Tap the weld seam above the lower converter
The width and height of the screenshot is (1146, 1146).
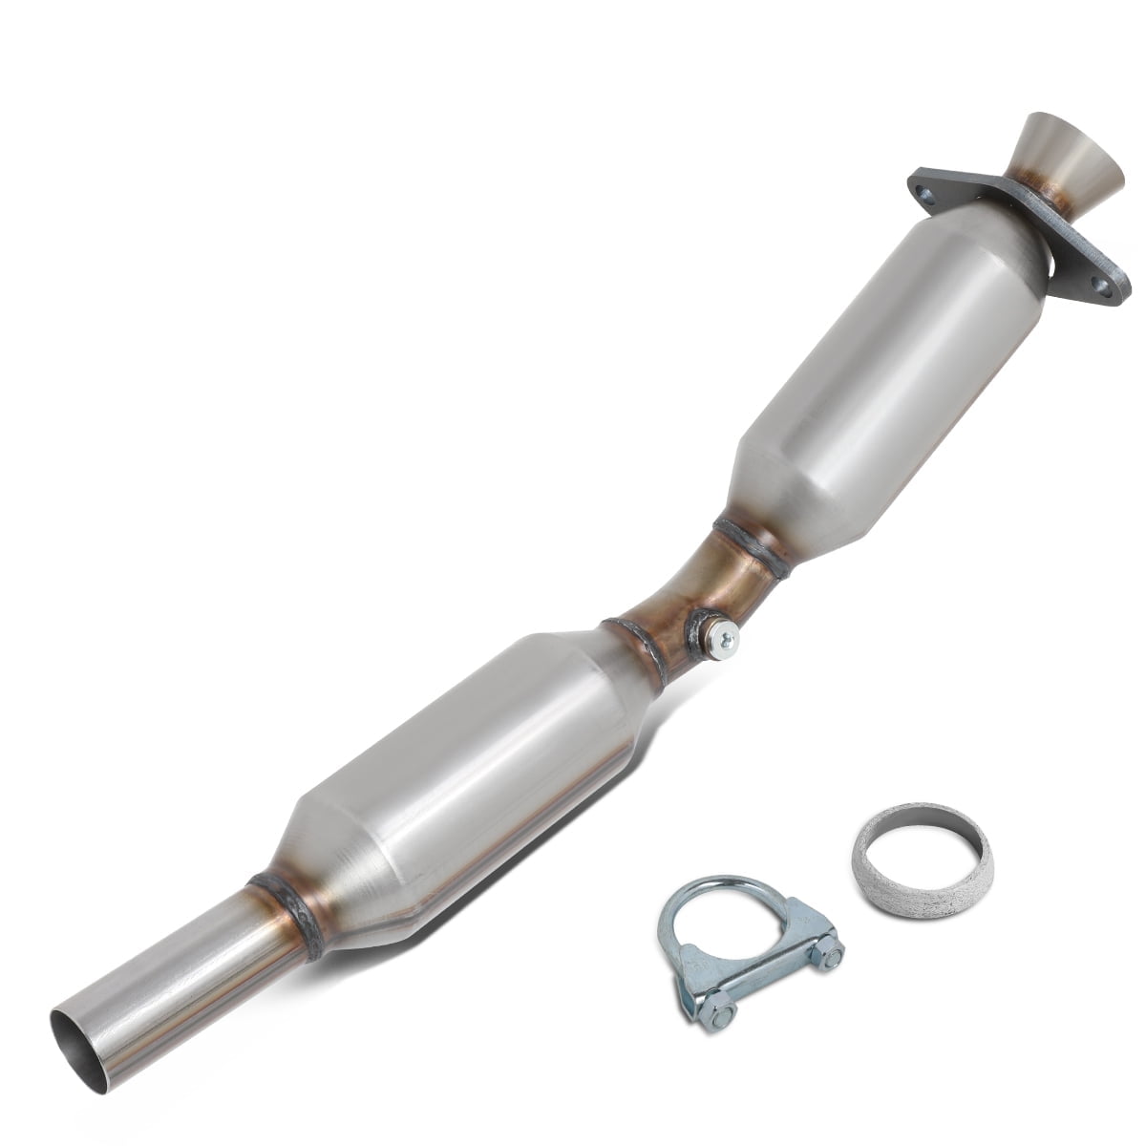click(630, 649)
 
